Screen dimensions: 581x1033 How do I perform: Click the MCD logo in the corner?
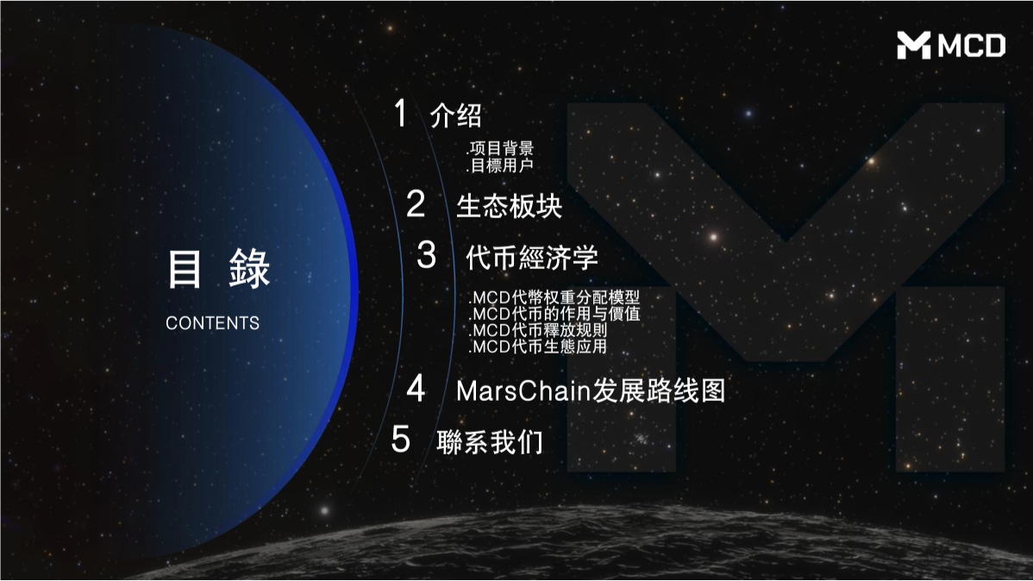950,45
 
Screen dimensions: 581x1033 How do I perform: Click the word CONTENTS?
212,323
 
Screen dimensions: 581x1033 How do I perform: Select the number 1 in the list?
399,114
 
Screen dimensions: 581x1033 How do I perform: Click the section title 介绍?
455,116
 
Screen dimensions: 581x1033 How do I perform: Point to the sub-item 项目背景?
500,149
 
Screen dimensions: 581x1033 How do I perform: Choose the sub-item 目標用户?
500,165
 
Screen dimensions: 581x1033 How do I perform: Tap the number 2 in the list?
416,204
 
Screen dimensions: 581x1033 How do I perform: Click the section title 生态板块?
509,207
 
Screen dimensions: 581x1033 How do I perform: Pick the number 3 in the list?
427,255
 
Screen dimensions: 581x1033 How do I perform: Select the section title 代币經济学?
531,258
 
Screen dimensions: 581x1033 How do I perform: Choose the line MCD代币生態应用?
538,347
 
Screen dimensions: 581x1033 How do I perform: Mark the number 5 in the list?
400,440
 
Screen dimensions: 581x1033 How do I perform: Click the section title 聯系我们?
490,441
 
